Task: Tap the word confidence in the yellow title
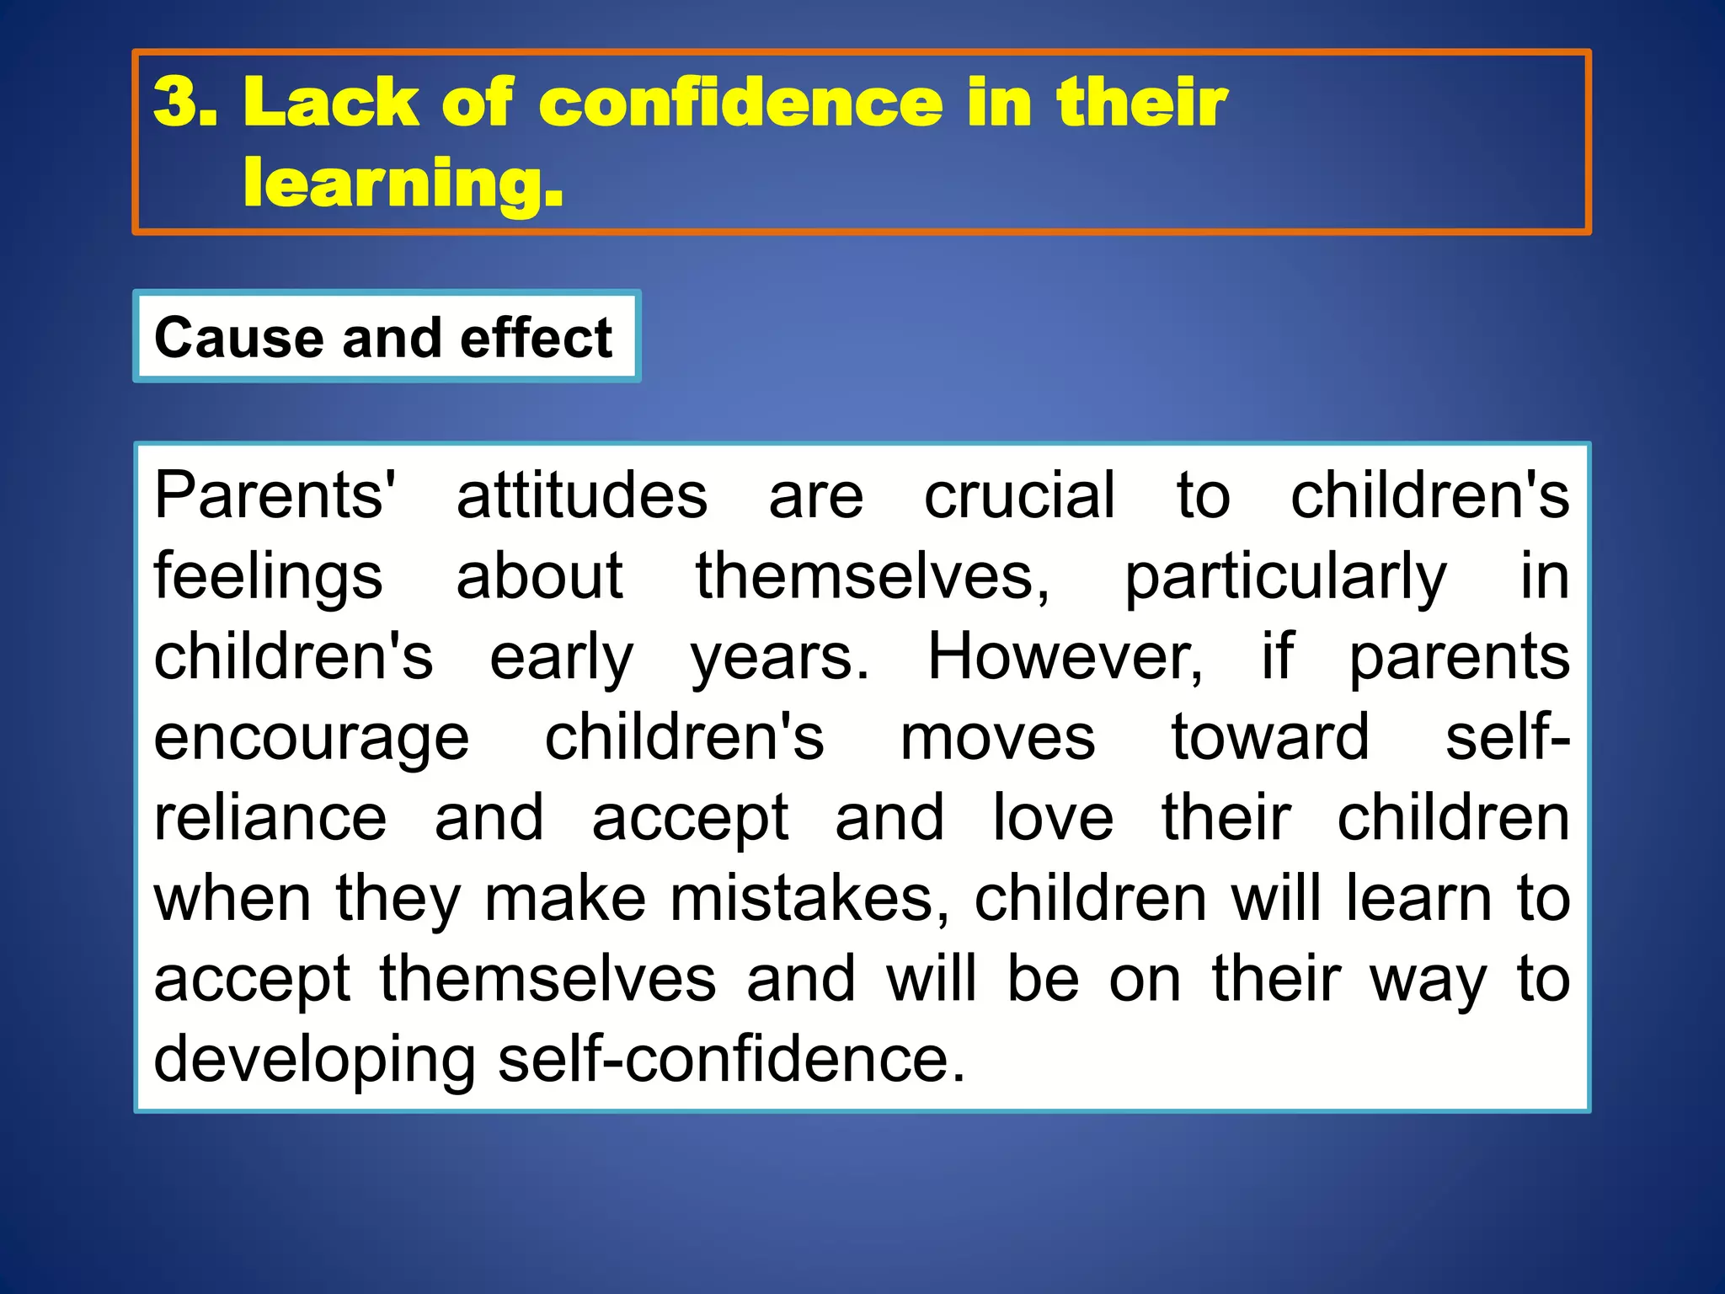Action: pyautogui.click(x=741, y=102)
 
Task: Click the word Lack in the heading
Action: pyautogui.click(x=330, y=102)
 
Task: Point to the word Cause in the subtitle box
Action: pyautogui.click(x=238, y=338)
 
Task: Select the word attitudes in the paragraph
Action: pyautogui.click(x=582, y=495)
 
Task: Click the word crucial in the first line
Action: pyautogui.click(x=1020, y=495)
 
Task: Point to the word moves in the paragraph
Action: pyautogui.click(x=998, y=738)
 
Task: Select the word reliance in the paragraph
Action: pyautogui.click(x=270, y=818)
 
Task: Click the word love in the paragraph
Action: pyautogui.click(x=1053, y=818)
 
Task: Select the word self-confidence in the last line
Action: pyautogui.click(x=731, y=1060)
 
